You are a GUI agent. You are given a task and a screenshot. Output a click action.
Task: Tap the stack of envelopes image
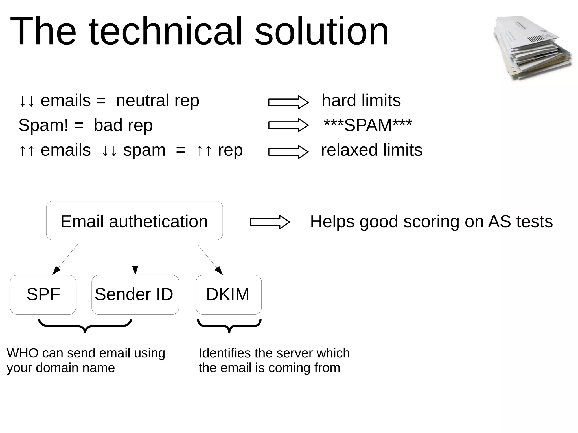[532, 48]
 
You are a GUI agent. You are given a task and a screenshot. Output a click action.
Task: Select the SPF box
[43, 294]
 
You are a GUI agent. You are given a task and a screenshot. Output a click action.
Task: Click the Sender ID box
[135, 294]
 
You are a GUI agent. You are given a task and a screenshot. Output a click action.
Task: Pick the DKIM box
[229, 294]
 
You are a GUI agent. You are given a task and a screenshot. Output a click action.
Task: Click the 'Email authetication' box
[134, 221]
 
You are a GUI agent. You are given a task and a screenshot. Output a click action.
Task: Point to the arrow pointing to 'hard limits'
[288, 102]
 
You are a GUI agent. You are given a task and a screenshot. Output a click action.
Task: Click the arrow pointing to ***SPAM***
[288, 125]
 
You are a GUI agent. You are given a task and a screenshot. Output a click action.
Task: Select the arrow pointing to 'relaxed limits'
[288, 152]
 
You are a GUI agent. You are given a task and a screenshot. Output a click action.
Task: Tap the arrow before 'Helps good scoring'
[270, 222]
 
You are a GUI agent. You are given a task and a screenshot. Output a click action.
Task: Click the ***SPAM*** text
[368, 125]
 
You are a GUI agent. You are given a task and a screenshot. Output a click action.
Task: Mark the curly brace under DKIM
[229, 326]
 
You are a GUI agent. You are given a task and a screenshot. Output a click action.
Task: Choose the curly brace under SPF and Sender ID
[85, 326]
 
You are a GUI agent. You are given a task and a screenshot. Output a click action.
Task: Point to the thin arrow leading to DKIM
[210, 259]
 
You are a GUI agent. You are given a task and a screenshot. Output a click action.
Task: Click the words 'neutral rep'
[157, 101]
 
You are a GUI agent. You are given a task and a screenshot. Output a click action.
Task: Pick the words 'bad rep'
[123, 125]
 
